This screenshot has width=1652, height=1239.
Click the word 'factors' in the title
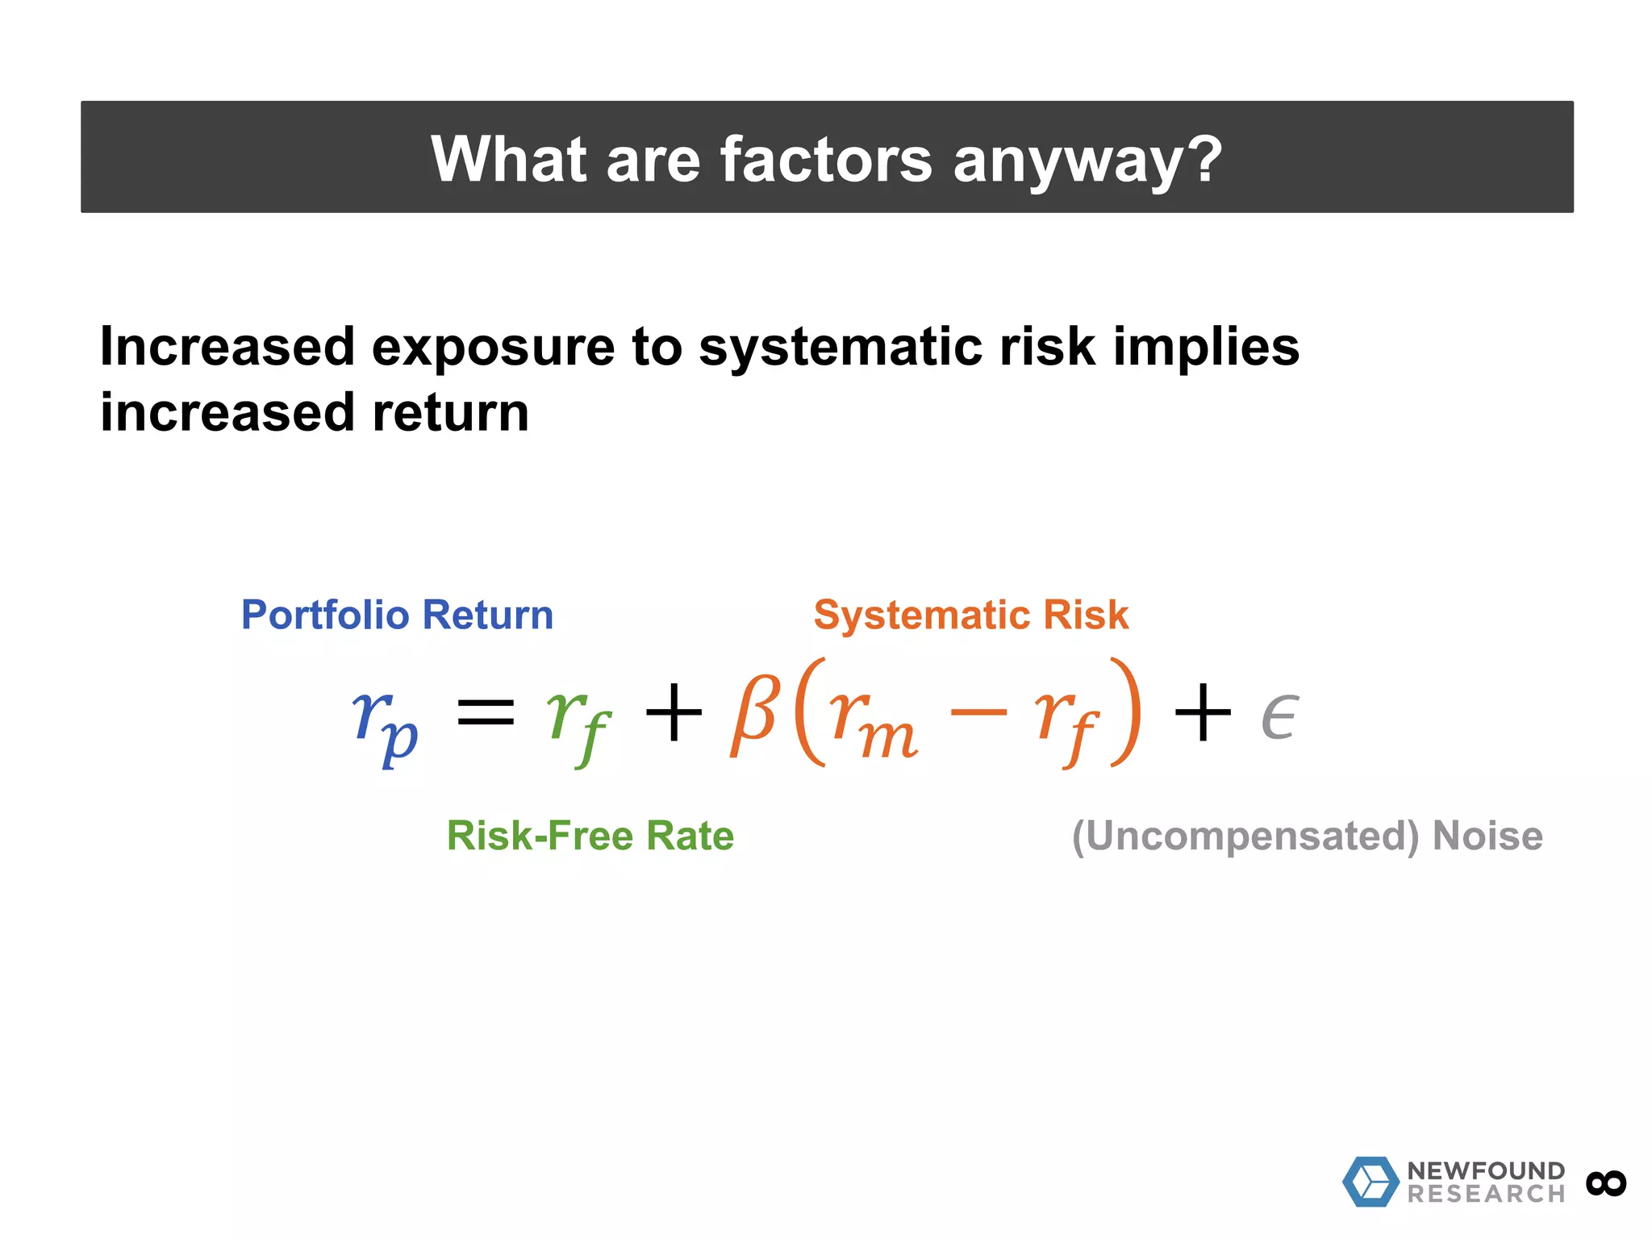825,160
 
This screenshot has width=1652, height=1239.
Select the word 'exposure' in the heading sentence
493,348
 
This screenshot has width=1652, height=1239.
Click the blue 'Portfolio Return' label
397,615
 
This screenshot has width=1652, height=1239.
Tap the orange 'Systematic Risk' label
970,615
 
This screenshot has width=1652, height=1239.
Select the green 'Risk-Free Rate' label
590,836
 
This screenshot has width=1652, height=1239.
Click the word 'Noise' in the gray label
1487,836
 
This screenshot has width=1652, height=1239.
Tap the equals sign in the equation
486,713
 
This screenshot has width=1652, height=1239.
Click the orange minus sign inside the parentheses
978,711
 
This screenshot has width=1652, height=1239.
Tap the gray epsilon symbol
1279,716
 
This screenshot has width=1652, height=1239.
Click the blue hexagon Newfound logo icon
1370,1182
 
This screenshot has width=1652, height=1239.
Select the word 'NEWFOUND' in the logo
1486,1170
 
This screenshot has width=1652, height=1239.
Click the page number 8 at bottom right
1606,1183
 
